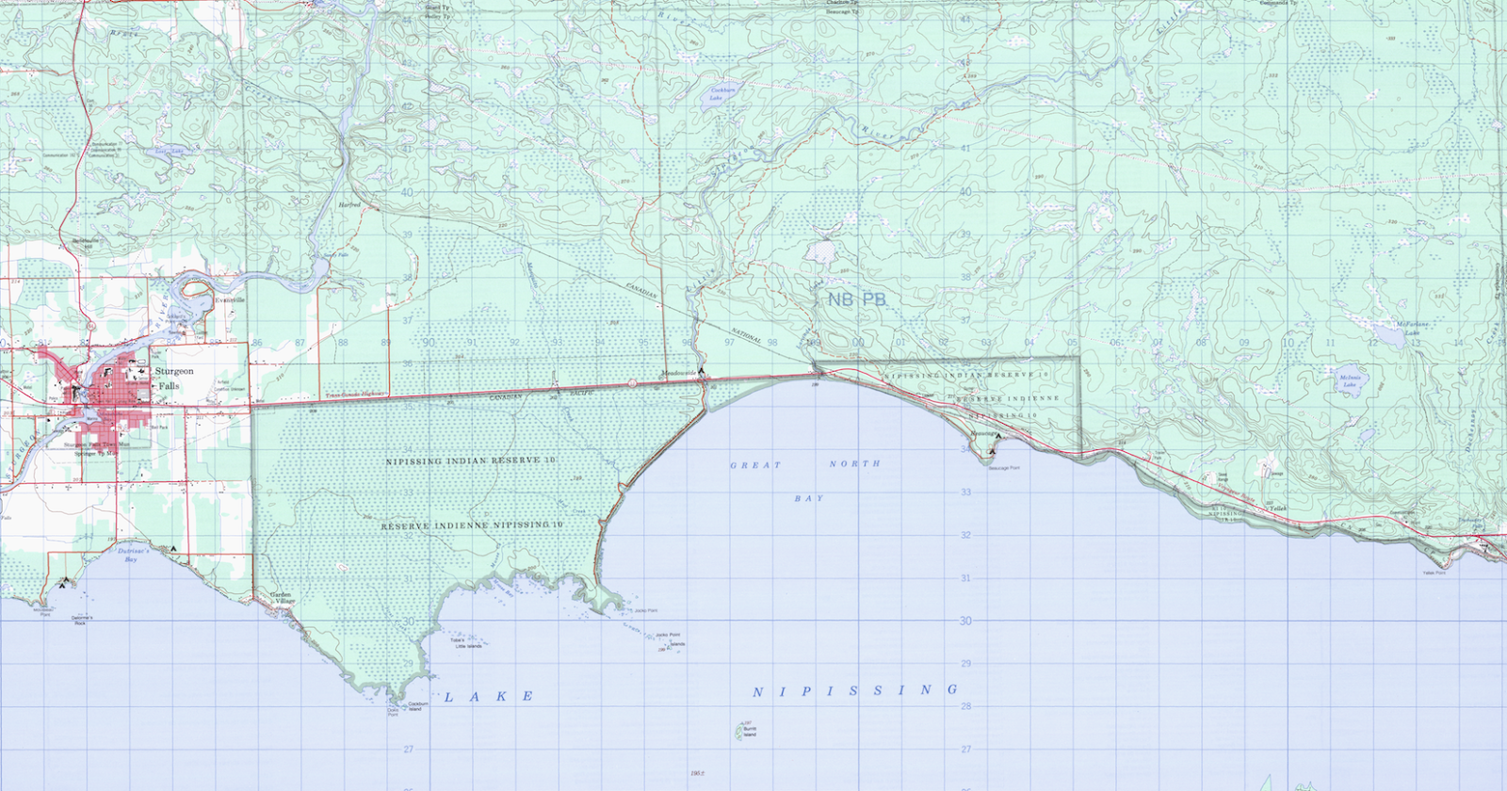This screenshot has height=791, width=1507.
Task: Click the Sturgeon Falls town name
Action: coord(174,378)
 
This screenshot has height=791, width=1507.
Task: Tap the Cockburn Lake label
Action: coord(722,93)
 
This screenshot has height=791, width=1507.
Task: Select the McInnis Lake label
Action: coord(1350,381)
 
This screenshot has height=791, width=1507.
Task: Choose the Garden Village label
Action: coord(282,598)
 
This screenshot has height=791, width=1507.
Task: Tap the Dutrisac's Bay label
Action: coord(132,555)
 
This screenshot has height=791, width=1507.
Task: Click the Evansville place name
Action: coord(230,300)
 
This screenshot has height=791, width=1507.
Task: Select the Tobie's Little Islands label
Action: coord(468,643)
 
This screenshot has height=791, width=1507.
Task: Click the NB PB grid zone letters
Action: coord(856,299)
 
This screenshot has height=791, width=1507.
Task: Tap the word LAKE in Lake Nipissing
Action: coord(489,697)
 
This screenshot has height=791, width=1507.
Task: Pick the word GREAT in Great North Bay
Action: coord(755,465)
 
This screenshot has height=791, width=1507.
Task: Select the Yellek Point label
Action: coord(1434,572)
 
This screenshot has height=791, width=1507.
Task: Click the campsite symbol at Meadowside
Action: coord(702,371)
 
